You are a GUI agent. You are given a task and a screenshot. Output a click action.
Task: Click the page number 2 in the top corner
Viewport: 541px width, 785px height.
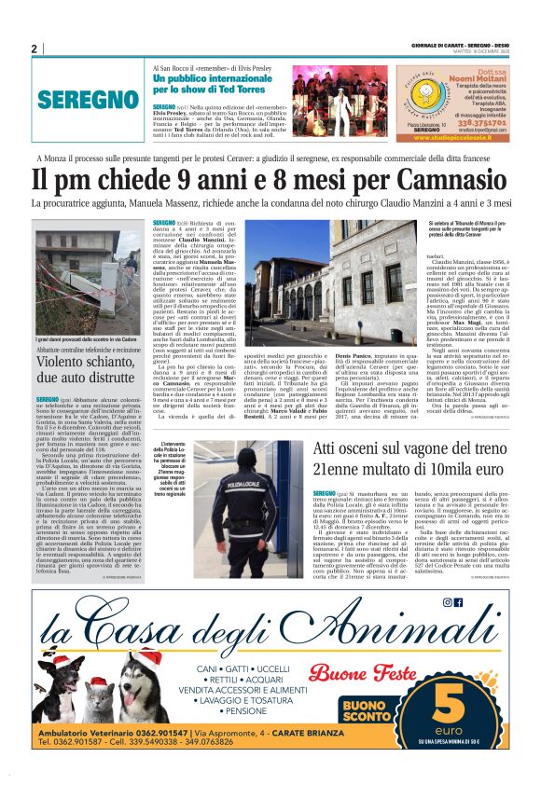coord(34,49)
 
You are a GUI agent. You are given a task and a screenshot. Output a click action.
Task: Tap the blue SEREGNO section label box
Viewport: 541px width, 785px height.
coord(89,99)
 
